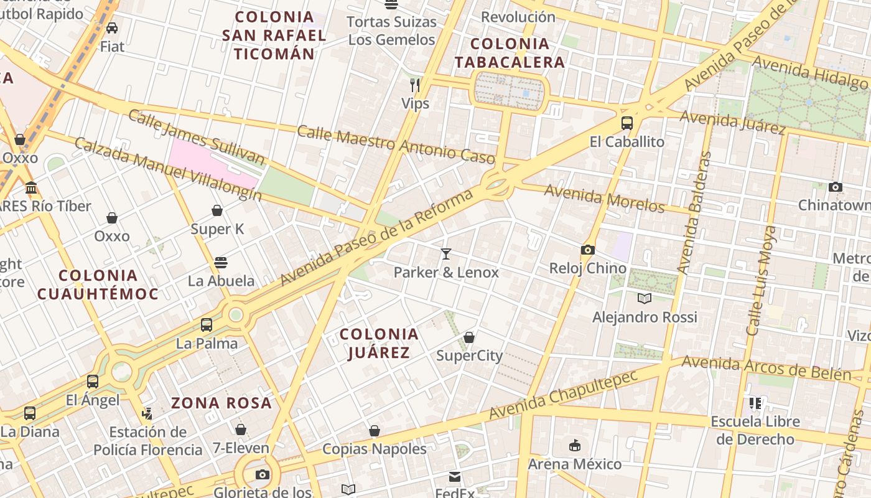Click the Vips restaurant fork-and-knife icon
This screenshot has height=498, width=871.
(x=415, y=85)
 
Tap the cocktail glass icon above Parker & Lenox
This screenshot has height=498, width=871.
(x=446, y=253)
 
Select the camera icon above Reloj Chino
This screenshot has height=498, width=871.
(x=587, y=250)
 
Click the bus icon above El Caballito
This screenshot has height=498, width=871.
(x=626, y=123)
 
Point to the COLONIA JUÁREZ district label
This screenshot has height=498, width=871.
(x=379, y=344)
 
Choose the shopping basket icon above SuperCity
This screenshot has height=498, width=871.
(x=469, y=337)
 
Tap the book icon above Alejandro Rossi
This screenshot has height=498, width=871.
(x=644, y=299)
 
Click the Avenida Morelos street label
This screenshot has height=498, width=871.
(x=604, y=198)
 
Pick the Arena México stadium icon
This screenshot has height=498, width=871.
(x=574, y=446)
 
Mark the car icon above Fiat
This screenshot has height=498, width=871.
(x=112, y=27)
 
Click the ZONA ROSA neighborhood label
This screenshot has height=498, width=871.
(x=221, y=403)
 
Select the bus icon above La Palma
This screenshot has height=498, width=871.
(x=207, y=324)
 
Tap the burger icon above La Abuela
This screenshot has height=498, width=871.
(x=221, y=262)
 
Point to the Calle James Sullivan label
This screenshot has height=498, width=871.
(x=196, y=138)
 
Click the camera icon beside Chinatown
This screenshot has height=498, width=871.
(x=836, y=187)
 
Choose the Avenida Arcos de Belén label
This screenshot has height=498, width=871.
(x=766, y=368)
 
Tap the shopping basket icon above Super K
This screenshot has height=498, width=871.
(x=217, y=210)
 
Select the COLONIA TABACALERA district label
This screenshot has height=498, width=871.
(x=510, y=53)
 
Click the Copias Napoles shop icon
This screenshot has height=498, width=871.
(x=375, y=430)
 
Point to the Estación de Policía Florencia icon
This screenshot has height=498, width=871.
(x=147, y=413)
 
